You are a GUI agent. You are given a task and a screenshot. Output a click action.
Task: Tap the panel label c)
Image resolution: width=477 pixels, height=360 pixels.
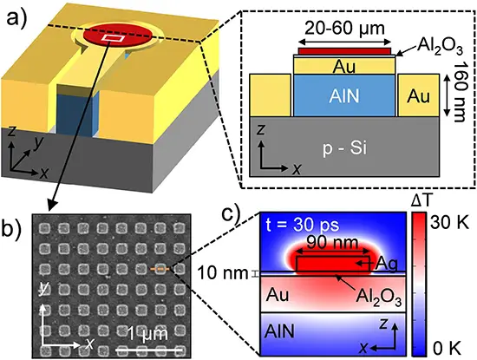[232, 213]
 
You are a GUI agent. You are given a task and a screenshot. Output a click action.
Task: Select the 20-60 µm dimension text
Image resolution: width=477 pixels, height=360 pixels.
[344, 29]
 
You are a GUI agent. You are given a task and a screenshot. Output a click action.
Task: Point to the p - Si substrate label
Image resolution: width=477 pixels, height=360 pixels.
[344, 148]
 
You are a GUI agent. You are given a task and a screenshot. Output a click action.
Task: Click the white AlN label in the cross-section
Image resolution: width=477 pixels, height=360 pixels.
[344, 96]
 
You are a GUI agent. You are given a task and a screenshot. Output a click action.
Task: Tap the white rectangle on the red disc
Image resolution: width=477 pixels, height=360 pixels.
[113, 37]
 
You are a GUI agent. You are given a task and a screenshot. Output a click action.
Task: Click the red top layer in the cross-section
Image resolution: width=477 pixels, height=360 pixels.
[344, 51]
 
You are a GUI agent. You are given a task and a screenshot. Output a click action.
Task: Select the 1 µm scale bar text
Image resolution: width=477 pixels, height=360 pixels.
[147, 334]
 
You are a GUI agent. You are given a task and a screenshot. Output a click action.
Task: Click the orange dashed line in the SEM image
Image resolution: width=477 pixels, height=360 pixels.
[160, 269]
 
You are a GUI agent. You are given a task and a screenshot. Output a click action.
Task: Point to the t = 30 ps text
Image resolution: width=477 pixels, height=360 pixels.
[303, 226]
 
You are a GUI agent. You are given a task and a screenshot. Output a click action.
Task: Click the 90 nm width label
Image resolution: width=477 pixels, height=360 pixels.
[332, 243]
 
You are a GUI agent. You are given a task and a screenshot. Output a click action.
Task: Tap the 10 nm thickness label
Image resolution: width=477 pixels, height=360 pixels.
[222, 273]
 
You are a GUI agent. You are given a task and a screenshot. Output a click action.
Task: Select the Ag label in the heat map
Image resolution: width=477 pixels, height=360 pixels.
[386, 264]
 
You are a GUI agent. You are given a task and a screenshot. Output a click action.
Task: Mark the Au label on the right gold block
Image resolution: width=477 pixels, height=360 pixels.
[419, 96]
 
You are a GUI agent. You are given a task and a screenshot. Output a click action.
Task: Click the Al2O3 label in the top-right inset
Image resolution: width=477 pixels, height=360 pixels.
[441, 46]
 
